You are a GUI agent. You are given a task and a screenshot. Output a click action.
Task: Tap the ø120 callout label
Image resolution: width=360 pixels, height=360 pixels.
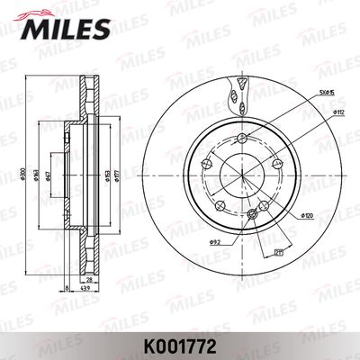pyautogui.click(x=307, y=216)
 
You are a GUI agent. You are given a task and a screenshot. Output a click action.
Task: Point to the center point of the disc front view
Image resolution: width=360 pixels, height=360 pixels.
pyautogui.click(x=242, y=175)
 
